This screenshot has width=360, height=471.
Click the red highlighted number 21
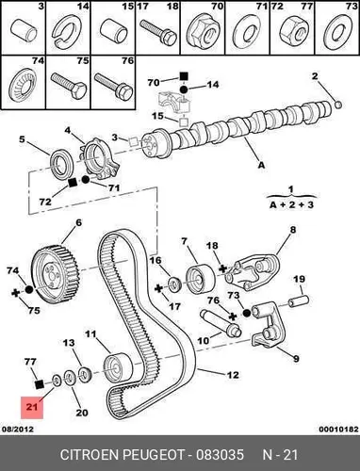point(32,407)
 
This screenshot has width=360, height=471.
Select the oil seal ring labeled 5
point(62,164)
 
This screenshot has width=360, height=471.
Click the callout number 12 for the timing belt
point(233,375)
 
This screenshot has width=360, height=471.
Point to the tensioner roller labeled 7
point(200,279)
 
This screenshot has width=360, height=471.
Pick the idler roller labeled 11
point(118,367)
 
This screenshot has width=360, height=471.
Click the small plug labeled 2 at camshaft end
point(338,105)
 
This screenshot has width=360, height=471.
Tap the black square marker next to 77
point(39,383)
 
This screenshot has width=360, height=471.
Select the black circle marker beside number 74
point(29,289)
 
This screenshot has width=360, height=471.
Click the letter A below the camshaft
point(261,164)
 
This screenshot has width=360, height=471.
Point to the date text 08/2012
point(18,429)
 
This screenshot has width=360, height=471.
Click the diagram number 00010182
point(338,429)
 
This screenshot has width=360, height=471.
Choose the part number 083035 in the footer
point(220,454)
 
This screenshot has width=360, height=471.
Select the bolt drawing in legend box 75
point(69,87)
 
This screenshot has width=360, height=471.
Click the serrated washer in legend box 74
point(22,85)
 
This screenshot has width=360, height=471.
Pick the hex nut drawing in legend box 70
point(203,30)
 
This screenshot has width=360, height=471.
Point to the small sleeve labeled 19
point(299,300)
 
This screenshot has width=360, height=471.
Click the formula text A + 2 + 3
point(292,204)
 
